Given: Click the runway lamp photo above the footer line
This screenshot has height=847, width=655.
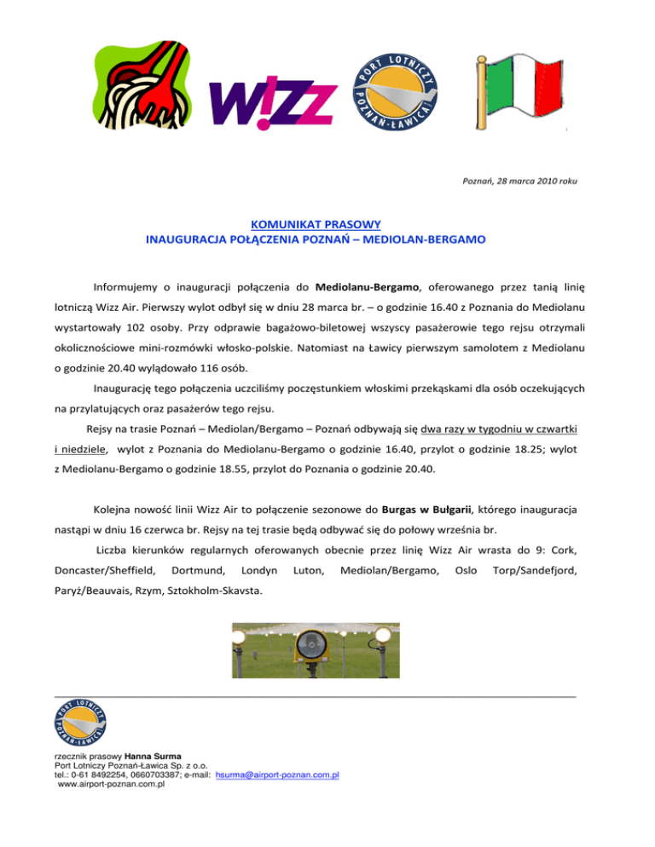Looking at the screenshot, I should click(316, 651).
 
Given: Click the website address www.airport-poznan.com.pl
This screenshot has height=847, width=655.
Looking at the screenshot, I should click(110, 784).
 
